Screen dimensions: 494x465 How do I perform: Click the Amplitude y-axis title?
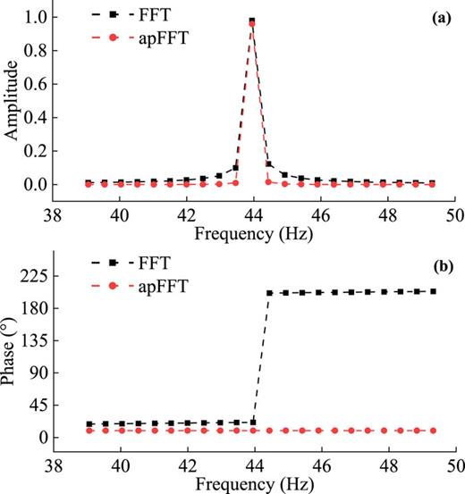13,101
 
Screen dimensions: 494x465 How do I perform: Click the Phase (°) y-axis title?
13,351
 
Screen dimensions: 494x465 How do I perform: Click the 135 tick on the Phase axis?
34,340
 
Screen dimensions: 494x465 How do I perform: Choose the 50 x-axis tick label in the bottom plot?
455,465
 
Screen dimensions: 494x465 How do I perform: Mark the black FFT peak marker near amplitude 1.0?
253,21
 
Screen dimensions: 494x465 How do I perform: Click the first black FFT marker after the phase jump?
269,293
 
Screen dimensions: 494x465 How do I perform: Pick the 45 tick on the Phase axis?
38,405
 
